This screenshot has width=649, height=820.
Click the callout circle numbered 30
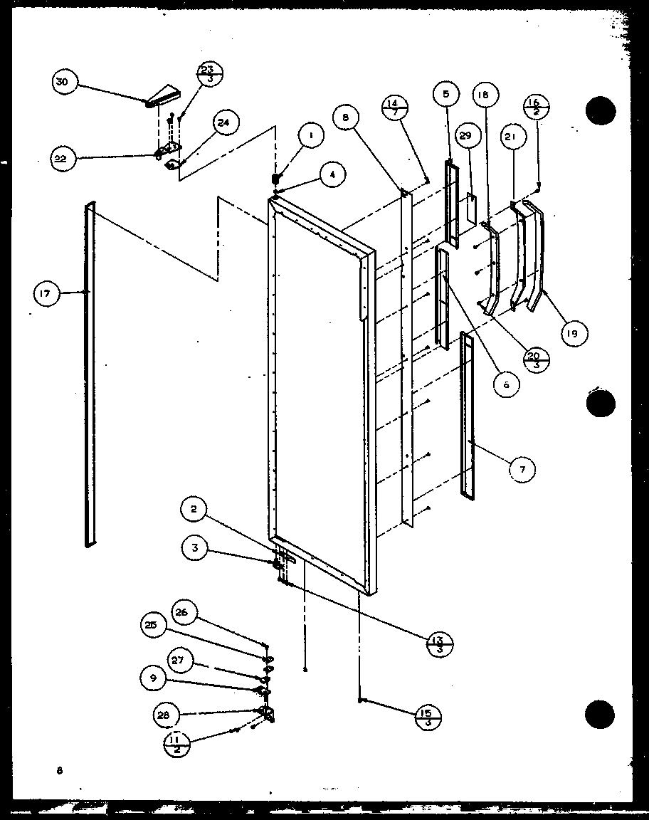(x=63, y=83)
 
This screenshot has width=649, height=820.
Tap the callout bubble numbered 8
(x=345, y=118)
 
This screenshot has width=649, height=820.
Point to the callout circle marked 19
(x=573, y=331)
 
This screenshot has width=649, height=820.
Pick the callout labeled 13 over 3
(x=439, y=643)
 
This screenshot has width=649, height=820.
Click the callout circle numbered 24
(x=224, y=123)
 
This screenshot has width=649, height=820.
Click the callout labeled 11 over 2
(x=176, y=744)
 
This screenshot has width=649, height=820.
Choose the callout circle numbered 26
(x=182, y=612)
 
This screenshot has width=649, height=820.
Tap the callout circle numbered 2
(x=193, y=509)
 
